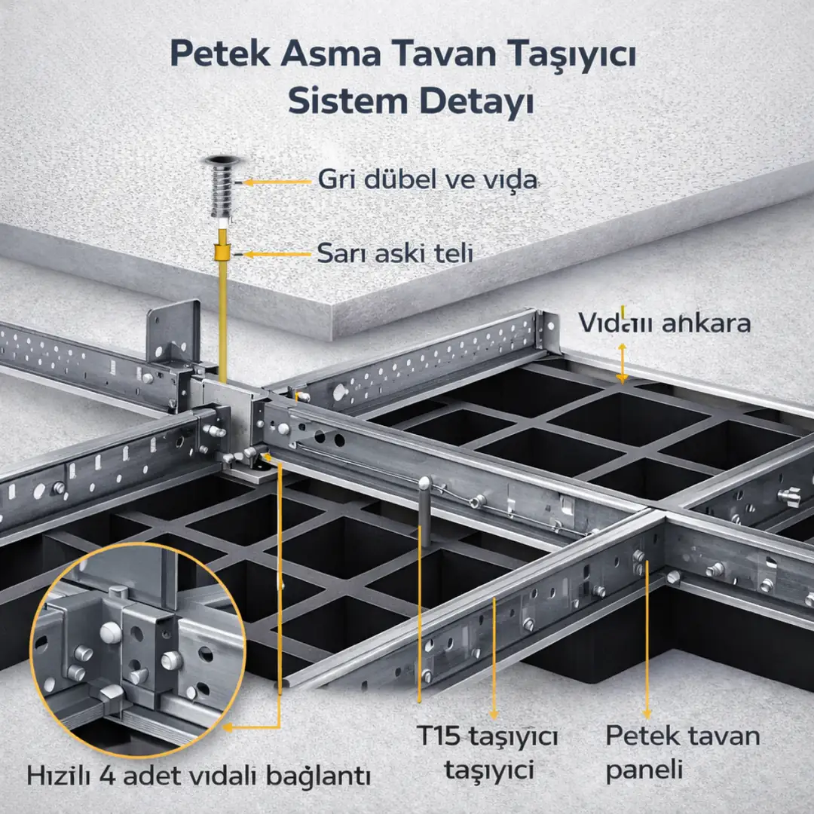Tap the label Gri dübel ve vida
427,180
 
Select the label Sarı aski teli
395,253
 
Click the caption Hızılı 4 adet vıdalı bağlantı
200,775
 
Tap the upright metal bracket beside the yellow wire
174,332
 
